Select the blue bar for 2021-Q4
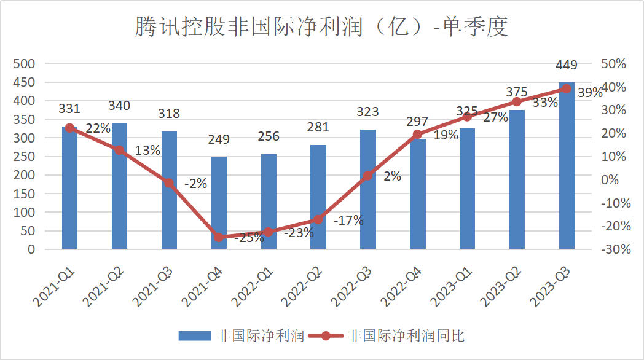tap(219, 203)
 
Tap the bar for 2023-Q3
tap(567, 166)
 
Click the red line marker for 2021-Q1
tap(69, 128)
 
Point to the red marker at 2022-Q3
tap(367, 176)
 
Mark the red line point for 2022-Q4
tap(417, 135)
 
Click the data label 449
tap(566, 65)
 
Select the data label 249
tap(219, 139)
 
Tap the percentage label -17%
tap(348, 220)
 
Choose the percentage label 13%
tap(148, 150)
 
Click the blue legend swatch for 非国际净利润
tap(195, 335)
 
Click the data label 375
tap(517, 92)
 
